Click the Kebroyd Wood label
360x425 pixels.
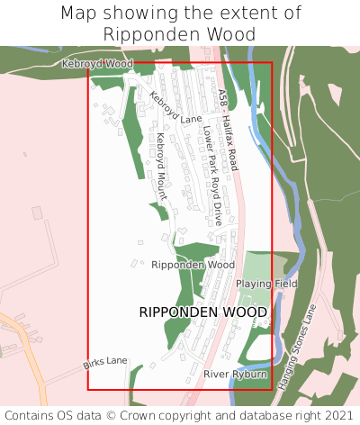pyautogui.click(x=96, y=64)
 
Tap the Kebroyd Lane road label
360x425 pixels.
pyautogui.click(x=176, y=107)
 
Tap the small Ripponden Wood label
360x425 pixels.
pyautogui.click(x=193, y=266)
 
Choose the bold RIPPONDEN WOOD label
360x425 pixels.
pyautogui.click(x=203, y=312)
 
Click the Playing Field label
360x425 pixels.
pyautogui.click(x=266, y=284)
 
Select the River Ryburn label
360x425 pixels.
pyautogui.click(x=235, y=374)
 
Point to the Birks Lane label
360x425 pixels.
pyautogui.click(x=105, y=362)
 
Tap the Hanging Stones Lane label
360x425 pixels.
pyautogui.click(x=299, y=352)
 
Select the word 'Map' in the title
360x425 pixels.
pyautogui.click(x=81, y=14)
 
